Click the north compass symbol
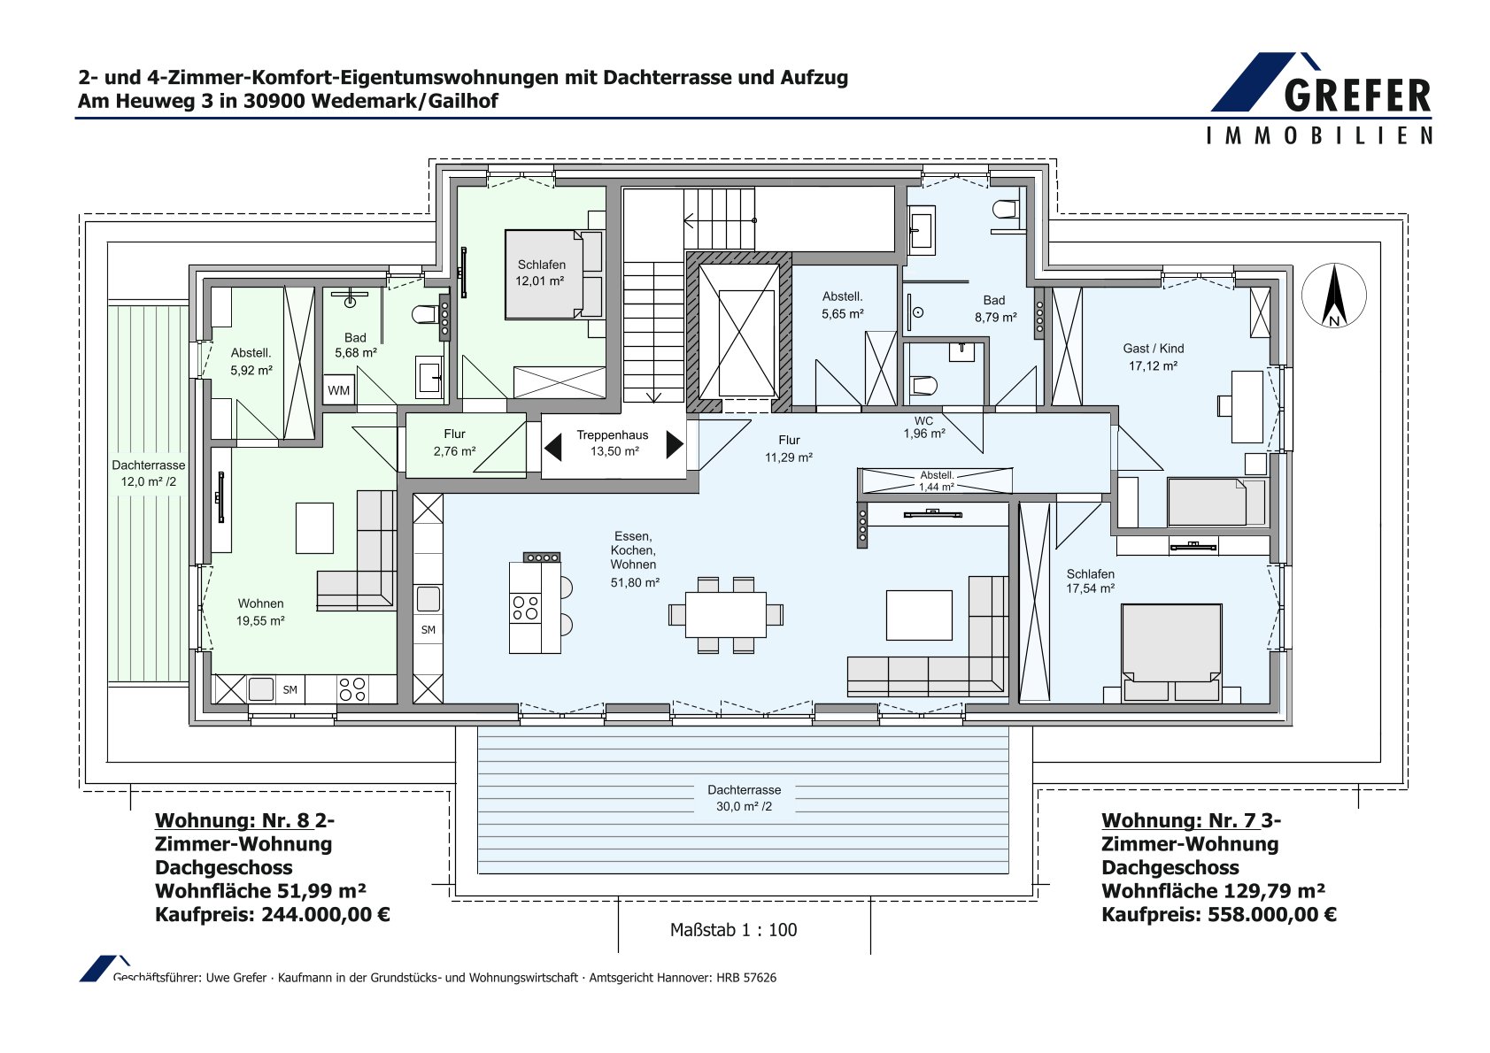click(x=1333, y=296)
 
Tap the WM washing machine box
click(x=338, y=389)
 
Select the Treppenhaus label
click(x=612, y=434)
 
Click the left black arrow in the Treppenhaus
click(x=552, y=446)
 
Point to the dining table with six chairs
click(x=725, y=615)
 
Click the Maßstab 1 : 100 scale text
click(x=733, y=929)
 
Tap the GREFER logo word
click(x=1357, y=96)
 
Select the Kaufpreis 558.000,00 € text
click(x=1218, y=914)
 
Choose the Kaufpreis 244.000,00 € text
click(x=272, y=914)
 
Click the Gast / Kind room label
click(x=1153, y=349)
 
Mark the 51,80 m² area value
click(x=635, y=582)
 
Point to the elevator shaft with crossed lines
click(x=738, y=332)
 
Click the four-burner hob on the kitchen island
click(x=525, y=608)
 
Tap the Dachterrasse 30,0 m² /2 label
click(x=744, y=798)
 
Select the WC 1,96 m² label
click(x=924, y=427)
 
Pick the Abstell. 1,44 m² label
click(x=937, y=480)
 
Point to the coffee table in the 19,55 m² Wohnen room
click(x=314, y=528)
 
